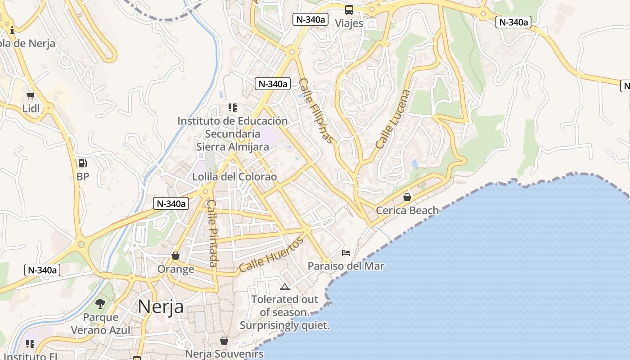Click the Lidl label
pos(31,108)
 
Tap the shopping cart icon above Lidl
pos(31,95)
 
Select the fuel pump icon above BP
pos(82,163)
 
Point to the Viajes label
pos(349,23)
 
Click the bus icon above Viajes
pos(349,10)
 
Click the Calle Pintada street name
pos(212,233)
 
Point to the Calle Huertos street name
pos(271,255)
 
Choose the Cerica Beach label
pos(407,210)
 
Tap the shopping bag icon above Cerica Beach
pos(407,197)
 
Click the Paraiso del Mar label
pos(346,266)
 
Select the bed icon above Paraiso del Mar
pos(346,253)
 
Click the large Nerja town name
pos(161,307)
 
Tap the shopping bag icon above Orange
pos(175,256)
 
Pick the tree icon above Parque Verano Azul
pos(100,304)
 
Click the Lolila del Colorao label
pos(234,176)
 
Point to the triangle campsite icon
pos(284,287)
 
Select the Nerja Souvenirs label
pos(224,354)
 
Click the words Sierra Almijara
pos(233,147)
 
